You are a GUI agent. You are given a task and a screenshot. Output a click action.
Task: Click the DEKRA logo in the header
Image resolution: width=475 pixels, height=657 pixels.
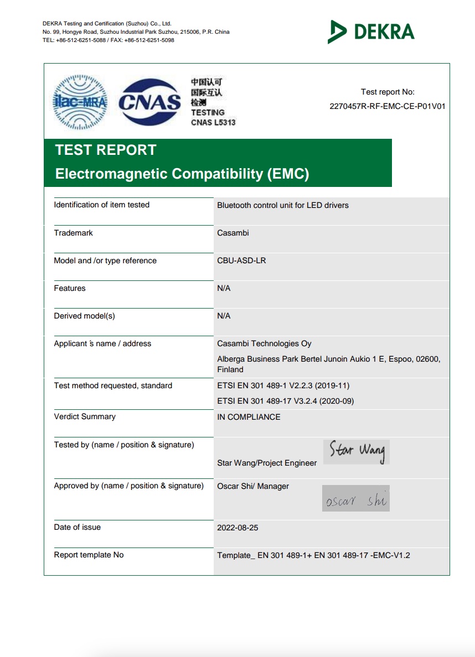click(x=371, y=32)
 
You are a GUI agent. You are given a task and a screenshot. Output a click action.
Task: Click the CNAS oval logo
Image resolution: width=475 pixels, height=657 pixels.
click(x=149, y=102)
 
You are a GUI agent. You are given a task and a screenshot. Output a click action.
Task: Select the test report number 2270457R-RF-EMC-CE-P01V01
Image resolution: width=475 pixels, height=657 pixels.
click(x=387, y=106)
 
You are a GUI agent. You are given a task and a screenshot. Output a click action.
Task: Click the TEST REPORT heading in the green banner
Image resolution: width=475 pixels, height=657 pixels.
click(x=106, y=150)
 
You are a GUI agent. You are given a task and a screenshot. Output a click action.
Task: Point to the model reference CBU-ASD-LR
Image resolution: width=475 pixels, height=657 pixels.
click(x=241, y=260)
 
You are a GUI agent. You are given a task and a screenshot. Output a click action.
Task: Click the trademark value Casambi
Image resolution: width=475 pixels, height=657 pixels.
click(x=233, y=233)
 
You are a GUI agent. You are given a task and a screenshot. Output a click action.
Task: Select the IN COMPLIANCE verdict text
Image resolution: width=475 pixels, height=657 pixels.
click(x=249, y=417)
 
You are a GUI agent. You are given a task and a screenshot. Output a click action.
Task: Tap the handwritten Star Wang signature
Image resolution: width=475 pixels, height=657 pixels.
click(x=357, y=451)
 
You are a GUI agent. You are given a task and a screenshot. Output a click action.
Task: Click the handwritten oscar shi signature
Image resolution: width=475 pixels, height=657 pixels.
click(x=356, y=499)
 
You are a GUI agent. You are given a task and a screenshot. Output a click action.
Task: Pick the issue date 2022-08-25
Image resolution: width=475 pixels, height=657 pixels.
click(x=237, y=528)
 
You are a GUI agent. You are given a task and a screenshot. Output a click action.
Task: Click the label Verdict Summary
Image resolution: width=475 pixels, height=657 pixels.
click(x=85, y=416)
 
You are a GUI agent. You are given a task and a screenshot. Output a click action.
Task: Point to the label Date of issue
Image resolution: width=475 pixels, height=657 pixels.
click(x=78, y=527)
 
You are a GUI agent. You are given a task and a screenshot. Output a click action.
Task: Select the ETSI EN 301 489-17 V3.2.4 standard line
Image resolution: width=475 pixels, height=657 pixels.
click(x=285, y=401)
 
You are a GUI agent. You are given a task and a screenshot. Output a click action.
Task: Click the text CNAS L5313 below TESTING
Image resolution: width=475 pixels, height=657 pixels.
click(x=213, y=122)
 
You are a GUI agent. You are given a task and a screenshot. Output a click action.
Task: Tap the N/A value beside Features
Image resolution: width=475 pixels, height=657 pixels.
click(x=224, y=288)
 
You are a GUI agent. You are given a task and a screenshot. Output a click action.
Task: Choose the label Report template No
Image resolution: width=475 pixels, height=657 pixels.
click(x=89, y=555)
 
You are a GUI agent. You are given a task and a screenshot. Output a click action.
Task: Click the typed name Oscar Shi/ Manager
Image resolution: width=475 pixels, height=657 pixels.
click(x=253, y=486)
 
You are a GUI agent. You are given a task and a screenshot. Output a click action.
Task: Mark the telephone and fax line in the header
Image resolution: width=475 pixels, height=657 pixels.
click(x=108, y=40)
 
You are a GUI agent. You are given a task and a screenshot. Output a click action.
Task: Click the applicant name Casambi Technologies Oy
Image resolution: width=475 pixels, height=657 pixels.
click(x=264, y=343)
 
